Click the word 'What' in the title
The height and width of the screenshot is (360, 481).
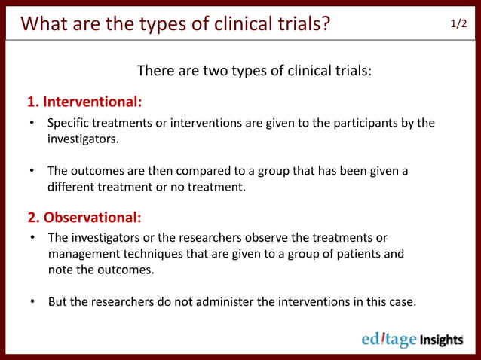click(46, 23)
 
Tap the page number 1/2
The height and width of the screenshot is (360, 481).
click(458, 23)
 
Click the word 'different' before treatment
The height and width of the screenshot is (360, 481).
click(72, 187)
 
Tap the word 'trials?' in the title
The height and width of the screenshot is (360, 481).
click(300, 23)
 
